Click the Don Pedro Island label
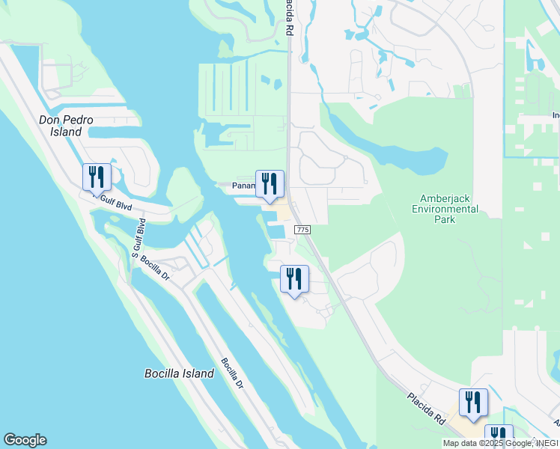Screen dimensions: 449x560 (x=60, y=126)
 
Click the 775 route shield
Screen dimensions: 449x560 (x=302, y=229)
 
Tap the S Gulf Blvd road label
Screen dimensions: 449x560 (x=138, y=238)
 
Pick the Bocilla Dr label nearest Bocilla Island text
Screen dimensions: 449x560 (x=232, y=372)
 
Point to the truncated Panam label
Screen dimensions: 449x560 (x=243, y=186)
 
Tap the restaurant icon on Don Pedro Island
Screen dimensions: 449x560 (x=97, y=177)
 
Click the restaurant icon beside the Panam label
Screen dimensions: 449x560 (x=270, y=184)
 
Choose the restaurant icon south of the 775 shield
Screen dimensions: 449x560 (x=294, y=279)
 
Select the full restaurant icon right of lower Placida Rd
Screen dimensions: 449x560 (x=473, y=403)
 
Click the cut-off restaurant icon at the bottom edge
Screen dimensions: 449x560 (x=499, y=436)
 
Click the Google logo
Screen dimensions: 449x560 (x=25, y=440)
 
